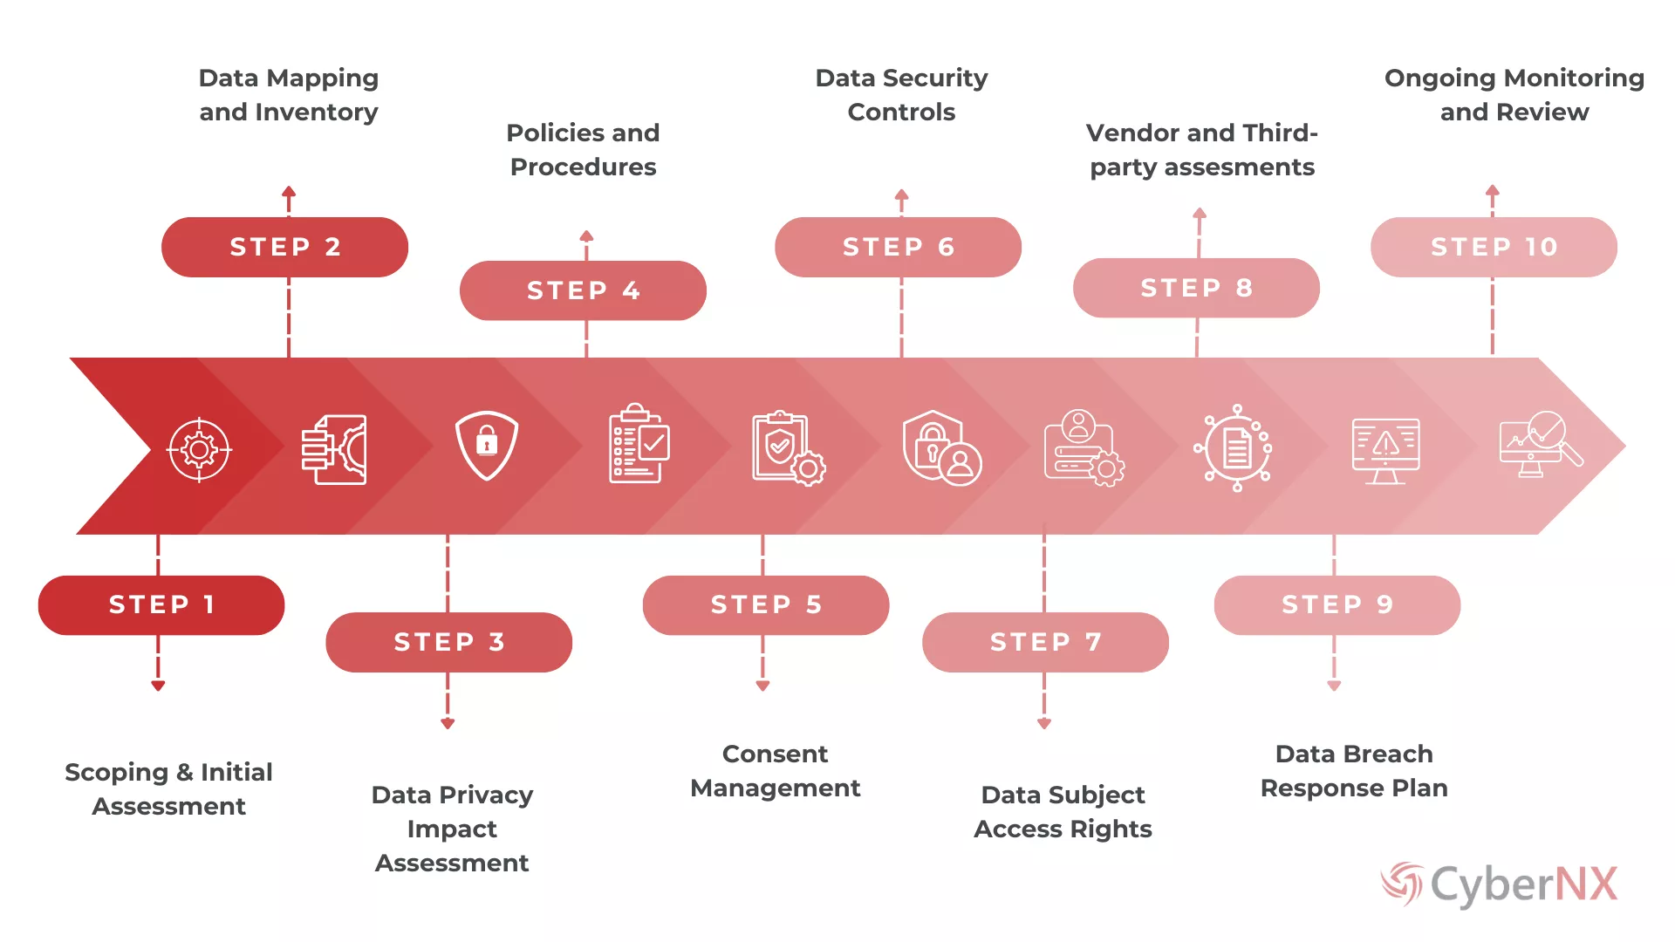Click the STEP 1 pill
click(161, 604)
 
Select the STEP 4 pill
click(583, 290)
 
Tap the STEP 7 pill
click(1045, 642)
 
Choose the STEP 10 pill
click(1494, 247)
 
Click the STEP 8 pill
click(1196, 288)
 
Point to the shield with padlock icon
click(487, 446)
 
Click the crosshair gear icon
click(199, 449)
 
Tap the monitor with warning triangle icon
click(1385, 450)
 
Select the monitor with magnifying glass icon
click(1541, 444)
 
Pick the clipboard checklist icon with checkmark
click(639, 443)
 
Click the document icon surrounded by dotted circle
click(1237, 448)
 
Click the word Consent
click(775, 754)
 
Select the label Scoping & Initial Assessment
click(168, 788)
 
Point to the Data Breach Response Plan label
click(1354, 771)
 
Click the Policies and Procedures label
click(583, 149)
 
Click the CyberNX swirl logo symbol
click(1402, 884)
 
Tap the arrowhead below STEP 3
click(448, 723)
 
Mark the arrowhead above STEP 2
click(289, 191)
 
